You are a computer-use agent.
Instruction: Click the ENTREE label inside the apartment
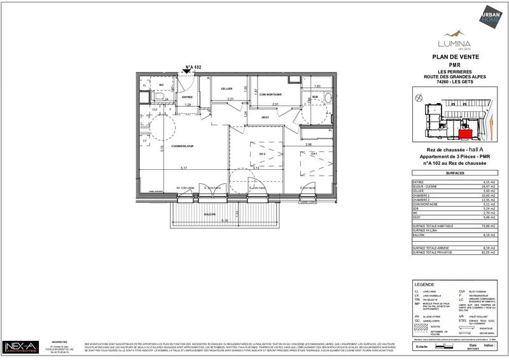click(188, 97)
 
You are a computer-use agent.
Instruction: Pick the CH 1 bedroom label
click(314, 153)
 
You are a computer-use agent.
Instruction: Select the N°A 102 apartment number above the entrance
click(193, 66)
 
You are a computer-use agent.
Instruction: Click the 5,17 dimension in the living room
click(183, 168)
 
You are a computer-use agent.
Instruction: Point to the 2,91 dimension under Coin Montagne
click(275, 104)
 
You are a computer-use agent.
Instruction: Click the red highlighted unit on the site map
click(466, 134)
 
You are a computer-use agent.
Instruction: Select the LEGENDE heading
click(424, 284)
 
